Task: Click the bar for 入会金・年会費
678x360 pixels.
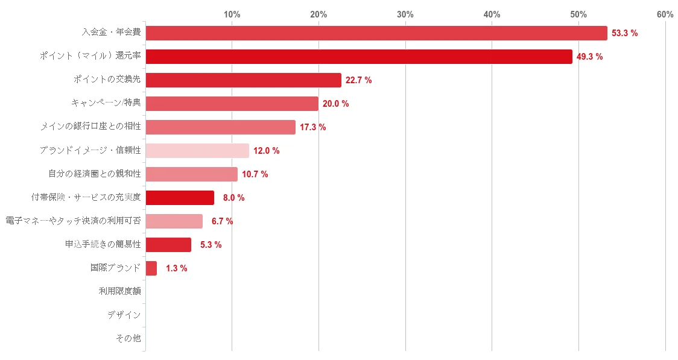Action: [376, 33]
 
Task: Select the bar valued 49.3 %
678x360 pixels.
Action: [358, 57]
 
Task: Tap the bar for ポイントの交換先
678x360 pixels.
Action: [243, 80]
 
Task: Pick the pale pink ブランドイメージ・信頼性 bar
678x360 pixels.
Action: [197, 151]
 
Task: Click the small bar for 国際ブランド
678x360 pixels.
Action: [151, 268]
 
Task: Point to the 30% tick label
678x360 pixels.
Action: [405, 14]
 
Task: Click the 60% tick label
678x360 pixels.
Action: [665, 14]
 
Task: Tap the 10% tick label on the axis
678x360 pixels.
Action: [232, 14]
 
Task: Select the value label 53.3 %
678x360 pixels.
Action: [624, 33]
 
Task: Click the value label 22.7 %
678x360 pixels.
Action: [358, 80]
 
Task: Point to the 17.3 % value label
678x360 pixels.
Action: [312, 127]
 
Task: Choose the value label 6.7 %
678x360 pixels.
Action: [222, 221]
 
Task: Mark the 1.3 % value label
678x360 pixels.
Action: [176, 268]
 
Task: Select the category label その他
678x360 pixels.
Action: [128, 338]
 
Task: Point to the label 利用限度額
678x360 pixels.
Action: [119, 291]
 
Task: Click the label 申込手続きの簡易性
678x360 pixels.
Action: [103, 244]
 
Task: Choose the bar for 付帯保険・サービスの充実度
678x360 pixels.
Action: [180, 198]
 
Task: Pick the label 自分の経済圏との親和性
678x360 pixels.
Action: [95, 174]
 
